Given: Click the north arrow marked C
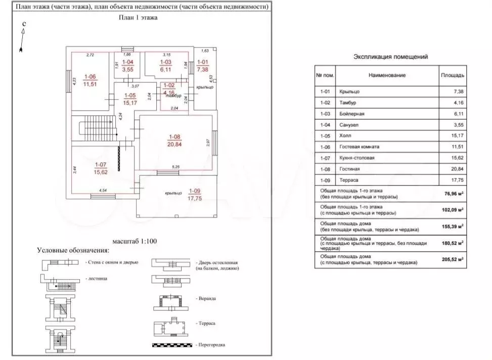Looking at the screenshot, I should (22, 38).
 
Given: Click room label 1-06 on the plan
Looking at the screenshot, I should (90, 77).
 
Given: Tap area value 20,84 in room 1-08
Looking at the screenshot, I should (175, 144).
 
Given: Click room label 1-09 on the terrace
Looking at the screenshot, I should (195, 191).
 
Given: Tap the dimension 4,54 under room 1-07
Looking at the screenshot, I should (103, 190).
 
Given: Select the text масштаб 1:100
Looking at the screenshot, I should (136, 241).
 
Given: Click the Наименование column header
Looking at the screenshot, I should (387, 75).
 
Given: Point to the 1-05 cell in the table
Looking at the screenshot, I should (325, 136).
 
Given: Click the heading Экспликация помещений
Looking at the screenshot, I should (390, 57).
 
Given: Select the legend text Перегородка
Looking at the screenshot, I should (211, 345).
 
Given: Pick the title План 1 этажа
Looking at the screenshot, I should (138, 17).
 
